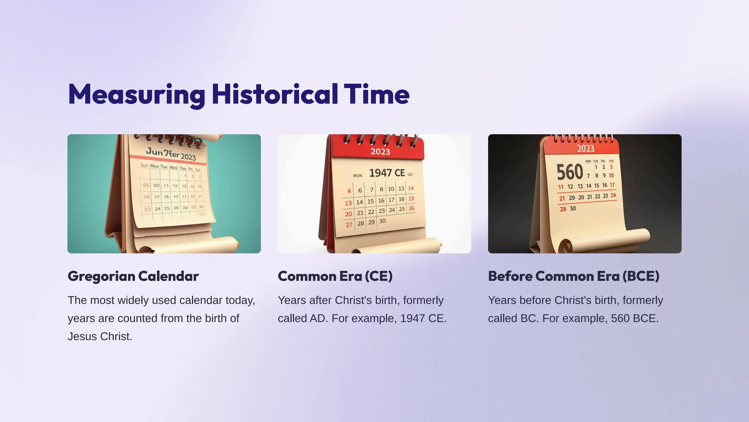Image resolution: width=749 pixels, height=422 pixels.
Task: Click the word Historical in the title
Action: pos(275,94)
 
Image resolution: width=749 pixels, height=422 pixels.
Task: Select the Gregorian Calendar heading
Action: pos(133,276)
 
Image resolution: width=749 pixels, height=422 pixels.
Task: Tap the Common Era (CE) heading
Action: pos(335,276)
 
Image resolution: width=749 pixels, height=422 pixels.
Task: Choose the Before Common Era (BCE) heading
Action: pos(573,276)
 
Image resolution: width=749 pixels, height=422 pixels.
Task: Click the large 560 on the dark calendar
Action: pos(569,172)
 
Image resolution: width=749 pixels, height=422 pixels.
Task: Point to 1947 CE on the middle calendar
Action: pos(387,173)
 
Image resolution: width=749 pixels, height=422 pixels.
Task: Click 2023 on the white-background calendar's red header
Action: pos(380,152)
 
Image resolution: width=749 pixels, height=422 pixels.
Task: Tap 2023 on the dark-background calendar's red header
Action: pos(586,148)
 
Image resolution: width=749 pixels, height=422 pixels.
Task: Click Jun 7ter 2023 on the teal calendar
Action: pos(171,154)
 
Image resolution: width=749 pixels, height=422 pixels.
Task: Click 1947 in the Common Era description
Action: pos(413,319)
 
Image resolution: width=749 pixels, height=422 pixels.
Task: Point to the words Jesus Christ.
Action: pos(99,336)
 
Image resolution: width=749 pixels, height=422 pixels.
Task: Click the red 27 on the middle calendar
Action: pos(349,225)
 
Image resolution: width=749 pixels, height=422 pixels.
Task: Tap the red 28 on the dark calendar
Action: pos(562,209)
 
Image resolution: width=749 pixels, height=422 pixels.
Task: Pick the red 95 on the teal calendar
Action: pos(146,185)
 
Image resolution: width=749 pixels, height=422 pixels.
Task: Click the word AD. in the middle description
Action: pos(319,319)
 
